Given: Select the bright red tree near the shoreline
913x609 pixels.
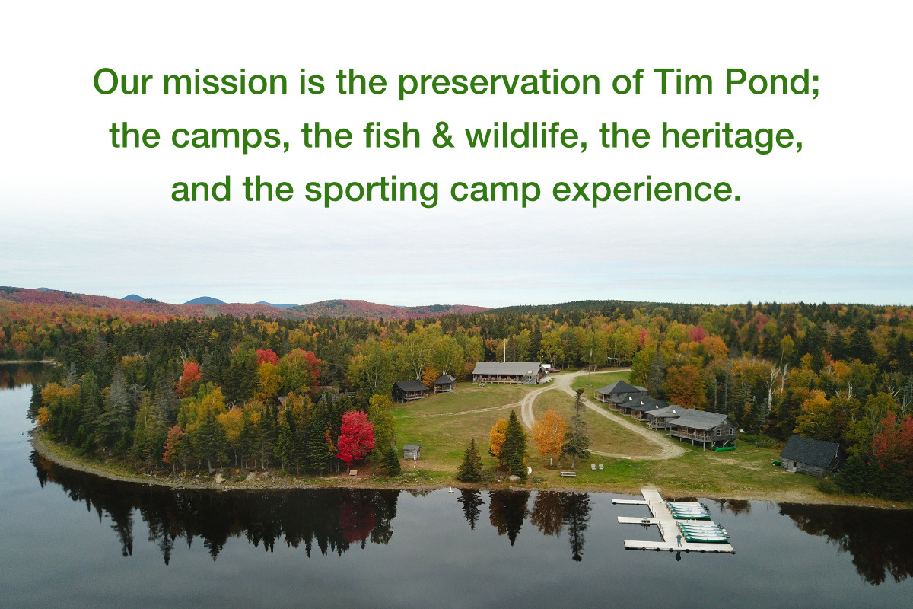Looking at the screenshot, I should click(x=355, y=437).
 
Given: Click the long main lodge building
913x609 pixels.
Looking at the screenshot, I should click(x=507, y=371).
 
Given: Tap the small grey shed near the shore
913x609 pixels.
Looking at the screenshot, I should click(x=412, y=451).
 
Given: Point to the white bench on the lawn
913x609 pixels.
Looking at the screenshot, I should click(x=568, y=473).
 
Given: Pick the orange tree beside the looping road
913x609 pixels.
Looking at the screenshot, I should click(x=548, y=432).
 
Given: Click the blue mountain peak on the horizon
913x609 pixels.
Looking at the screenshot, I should click(x=204, y=300).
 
